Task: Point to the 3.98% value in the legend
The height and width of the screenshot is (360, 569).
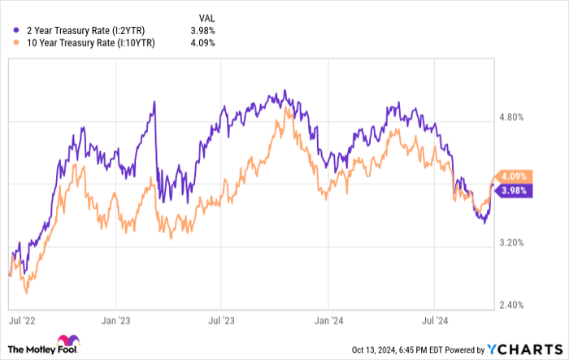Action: pos(202,31)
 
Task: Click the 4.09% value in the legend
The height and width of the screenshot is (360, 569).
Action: pos(202,43)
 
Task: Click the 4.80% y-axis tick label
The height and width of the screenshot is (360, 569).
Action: pos(515,117)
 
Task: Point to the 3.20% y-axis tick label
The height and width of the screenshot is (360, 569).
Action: pos(515,242)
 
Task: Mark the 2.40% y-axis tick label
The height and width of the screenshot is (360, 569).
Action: pos(515,305)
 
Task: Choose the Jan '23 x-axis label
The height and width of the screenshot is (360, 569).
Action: pos(118,321)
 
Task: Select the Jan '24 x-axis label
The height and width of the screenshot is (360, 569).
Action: pos(328,321)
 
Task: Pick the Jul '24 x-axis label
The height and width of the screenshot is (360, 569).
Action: pos(437,321)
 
